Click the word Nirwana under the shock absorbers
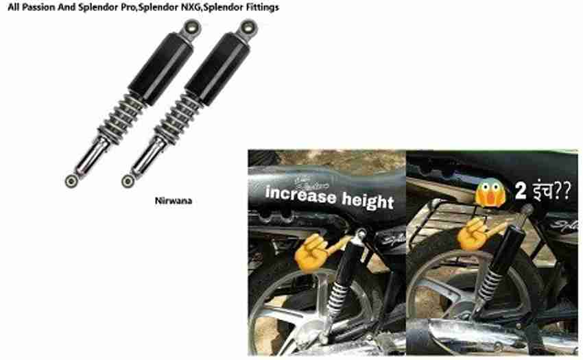coord(174,201)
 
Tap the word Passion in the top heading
coord(38,7)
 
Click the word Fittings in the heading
coord(262,8)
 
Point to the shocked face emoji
coord(491,193)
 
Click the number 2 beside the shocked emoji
coord(521,191)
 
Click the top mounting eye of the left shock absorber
coord(192,27)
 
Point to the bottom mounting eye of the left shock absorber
coord(71,181)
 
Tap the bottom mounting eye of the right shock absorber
coord(128,181)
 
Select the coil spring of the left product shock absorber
coord(120,118)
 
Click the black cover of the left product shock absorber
coord(160,69)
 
